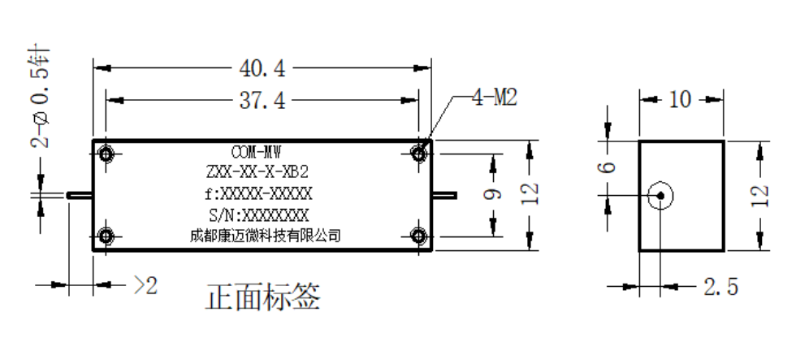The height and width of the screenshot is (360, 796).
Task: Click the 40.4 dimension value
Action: [x=262, y=68]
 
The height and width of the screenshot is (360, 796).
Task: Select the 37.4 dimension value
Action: [x=262, y=101]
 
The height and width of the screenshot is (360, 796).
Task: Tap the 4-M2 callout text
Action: [x=495, y=98]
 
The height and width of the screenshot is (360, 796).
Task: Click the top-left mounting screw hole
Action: [x=106, y=154]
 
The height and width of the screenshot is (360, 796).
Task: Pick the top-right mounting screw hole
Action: [x=418, y=154]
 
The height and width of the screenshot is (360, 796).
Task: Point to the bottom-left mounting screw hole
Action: [x=106, y=236]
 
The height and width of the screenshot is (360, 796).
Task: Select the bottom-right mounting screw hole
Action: [x=418, y=236]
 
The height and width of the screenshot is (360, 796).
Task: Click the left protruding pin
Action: [x=80, y=195]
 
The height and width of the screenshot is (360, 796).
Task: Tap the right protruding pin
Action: [x=444, y=195]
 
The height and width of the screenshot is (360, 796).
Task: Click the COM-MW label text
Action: [x=256, y=152]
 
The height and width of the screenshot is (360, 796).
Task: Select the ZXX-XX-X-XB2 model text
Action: [x=257, y=172]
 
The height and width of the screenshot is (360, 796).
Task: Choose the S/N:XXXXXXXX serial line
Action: [x=258, y=215]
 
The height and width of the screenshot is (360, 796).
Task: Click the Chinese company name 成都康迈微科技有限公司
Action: [x=265, y=236]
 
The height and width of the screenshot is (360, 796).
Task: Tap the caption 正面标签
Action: [x=263, y=297]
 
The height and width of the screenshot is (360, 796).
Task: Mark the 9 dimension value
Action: [x=493, y=194]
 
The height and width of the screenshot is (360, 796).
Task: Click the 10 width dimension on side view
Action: [x=680, y=99]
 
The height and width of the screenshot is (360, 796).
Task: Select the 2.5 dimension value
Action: [x=720, y=288]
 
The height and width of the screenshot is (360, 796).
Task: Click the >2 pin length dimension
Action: [x=145, y=286]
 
